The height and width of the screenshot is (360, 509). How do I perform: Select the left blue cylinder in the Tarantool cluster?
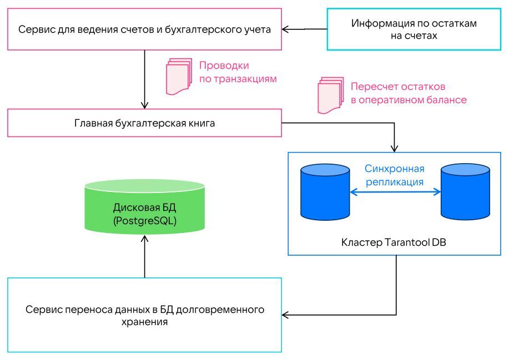pos(324,191)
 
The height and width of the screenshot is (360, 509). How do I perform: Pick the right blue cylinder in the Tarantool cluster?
pos(465,191)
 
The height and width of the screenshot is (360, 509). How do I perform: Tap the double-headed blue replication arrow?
pos(395,192)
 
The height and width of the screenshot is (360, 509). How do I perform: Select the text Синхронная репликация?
pos(395,175)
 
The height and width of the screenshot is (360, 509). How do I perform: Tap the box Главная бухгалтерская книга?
pos(144,123)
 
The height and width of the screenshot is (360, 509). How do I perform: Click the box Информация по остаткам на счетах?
pos(414,29)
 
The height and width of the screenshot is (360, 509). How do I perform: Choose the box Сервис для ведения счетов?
pos(144,29)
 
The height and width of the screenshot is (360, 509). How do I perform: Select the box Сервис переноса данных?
pos(144,315)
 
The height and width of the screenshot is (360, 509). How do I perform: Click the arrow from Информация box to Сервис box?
pos(305,29)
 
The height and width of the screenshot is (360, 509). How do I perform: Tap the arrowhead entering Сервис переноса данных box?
pos(287,315)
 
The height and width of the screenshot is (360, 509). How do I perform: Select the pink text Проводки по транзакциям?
pos(238,72)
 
